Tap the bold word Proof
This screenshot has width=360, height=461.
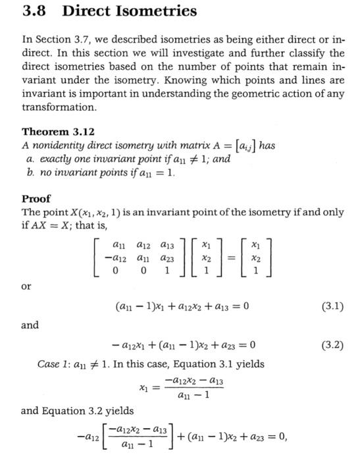click(36, 198)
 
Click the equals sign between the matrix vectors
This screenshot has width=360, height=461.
click(231, 258)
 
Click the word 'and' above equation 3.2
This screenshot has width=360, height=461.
click(30, 325)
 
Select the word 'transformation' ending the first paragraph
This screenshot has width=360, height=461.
click(59, 106)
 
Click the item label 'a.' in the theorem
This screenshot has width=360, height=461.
click(30, 159)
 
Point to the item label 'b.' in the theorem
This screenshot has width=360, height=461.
click(30, 173)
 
